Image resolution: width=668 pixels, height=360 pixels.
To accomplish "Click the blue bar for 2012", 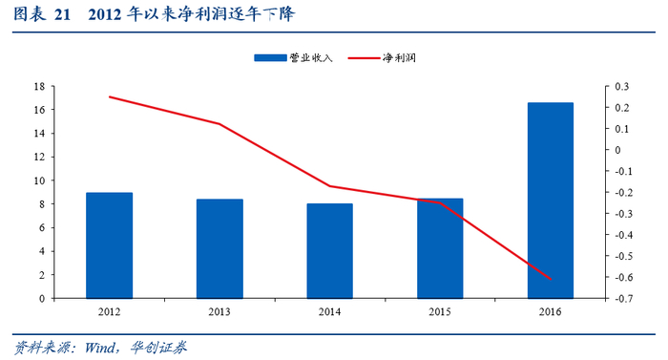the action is [x=109, y=245].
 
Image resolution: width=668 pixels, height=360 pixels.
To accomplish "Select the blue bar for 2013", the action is [x=219, y=248].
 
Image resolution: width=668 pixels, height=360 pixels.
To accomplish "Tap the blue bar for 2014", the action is [x=330, y=251].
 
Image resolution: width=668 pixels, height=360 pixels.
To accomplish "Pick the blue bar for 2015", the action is [x=440, y=248].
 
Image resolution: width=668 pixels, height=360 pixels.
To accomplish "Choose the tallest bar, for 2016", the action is [x=551, y=201].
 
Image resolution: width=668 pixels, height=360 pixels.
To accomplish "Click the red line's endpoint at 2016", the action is [x=552, y=280].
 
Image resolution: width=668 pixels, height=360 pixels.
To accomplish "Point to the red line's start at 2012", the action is [x=109, y=96].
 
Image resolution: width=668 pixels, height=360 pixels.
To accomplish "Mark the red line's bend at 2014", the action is [x=330, y=186].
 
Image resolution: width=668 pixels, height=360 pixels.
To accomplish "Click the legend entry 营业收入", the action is [x=293, y=57].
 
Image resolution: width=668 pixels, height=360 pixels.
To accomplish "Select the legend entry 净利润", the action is [x=382, y=57].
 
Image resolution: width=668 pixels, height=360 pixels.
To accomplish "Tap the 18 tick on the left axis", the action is [x=40, y=87].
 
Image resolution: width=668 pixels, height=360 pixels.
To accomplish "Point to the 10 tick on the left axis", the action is [x=40, y=180].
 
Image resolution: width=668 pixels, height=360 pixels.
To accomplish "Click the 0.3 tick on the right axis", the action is [x=621, y=87].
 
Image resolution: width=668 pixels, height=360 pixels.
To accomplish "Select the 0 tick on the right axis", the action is [x=617, y=150].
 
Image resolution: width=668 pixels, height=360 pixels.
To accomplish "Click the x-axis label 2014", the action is [x=330, y=312].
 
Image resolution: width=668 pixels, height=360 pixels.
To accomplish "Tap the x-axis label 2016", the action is [x=551, y=312].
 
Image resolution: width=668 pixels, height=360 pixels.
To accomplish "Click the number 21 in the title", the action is [x=62, y=15].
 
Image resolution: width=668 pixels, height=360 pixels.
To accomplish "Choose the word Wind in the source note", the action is [x=100, y=348].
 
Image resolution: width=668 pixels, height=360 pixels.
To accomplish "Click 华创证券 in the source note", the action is [x=158, y=348].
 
